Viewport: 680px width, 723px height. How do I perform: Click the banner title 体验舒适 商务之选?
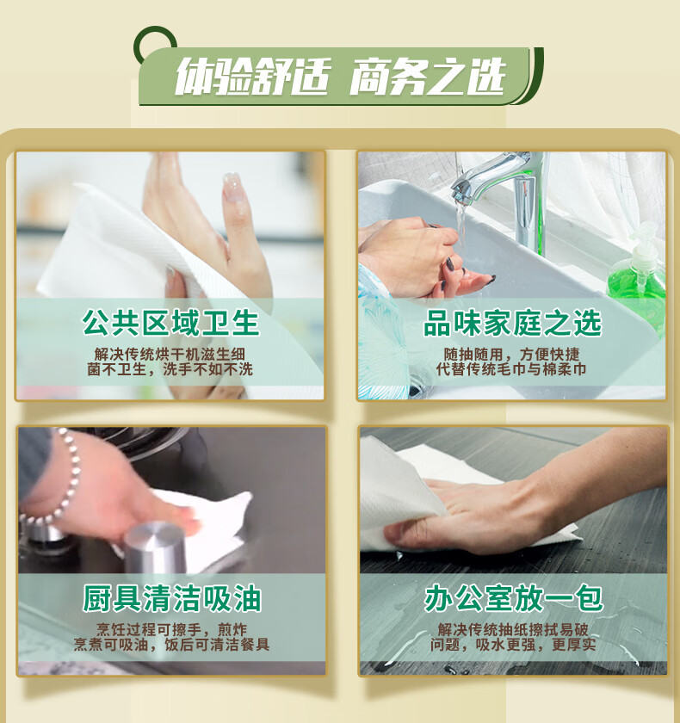tap(341, 77)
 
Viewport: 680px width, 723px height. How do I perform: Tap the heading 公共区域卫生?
tap(171, 323)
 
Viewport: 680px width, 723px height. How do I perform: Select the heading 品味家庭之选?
tap(513, 323)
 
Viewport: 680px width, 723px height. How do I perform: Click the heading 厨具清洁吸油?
tap(172, 598)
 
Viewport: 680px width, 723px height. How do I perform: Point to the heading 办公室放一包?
tap(514, 598)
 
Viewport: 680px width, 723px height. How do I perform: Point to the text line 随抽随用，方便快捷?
tap(512, 354)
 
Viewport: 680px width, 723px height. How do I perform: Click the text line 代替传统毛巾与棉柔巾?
tap(511, 369)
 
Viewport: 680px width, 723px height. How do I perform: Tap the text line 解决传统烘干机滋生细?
tap(170, 354)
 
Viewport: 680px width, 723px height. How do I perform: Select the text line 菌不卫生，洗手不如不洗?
tap(170, 369)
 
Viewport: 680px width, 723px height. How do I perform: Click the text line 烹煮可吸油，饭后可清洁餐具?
tap(171, 645)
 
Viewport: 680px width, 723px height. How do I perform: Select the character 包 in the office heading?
tap(589, 598)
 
